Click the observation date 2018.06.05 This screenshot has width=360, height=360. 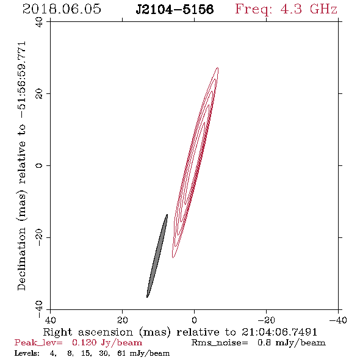click(x=62, y=9)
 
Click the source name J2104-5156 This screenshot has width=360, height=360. click(x=175, y=10)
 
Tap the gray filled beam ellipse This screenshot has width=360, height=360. click(x=157, y=256)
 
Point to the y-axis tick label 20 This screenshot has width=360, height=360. click(x=39, y=94)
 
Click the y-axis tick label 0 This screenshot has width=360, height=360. click(x=39, y=165)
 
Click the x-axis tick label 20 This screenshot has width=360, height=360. click(x=122, y=320)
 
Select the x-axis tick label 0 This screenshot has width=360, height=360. click(x=194, y=320)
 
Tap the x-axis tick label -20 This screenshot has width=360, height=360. click(x=266, y=320)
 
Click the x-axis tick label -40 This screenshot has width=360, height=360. click(x=338, y=320)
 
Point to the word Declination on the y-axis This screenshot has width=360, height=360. click(x=21, y=259)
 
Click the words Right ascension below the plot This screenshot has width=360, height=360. click(x=88, y=332)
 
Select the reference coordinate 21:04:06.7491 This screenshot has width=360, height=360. click(x=279, y=332)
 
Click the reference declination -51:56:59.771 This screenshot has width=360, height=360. click(x=22, y=80)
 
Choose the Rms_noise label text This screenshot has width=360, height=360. click(x=220, y=343)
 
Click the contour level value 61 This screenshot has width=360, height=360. click(x=121, y=353)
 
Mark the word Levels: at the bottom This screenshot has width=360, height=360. click(x=27, y=353)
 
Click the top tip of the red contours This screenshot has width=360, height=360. click(x=218, y=68)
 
